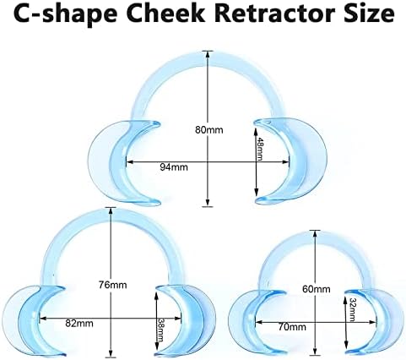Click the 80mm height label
click(x=209, y=130)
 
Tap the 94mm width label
click(x=174, y=167)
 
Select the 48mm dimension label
click(x=260, y=150)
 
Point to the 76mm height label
click(x=112, y=285)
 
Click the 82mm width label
click(x=79, y=323)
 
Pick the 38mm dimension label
click(x=160, y=330)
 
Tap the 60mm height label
click(x=317, y=289)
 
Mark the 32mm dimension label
click(x=352, y=310)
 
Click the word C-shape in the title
click(x=65, y=15)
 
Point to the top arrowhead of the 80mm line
click(x=208, y=55)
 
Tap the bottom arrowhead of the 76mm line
click(x=111, y=353)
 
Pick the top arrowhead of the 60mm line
click(x=315, y=234)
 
